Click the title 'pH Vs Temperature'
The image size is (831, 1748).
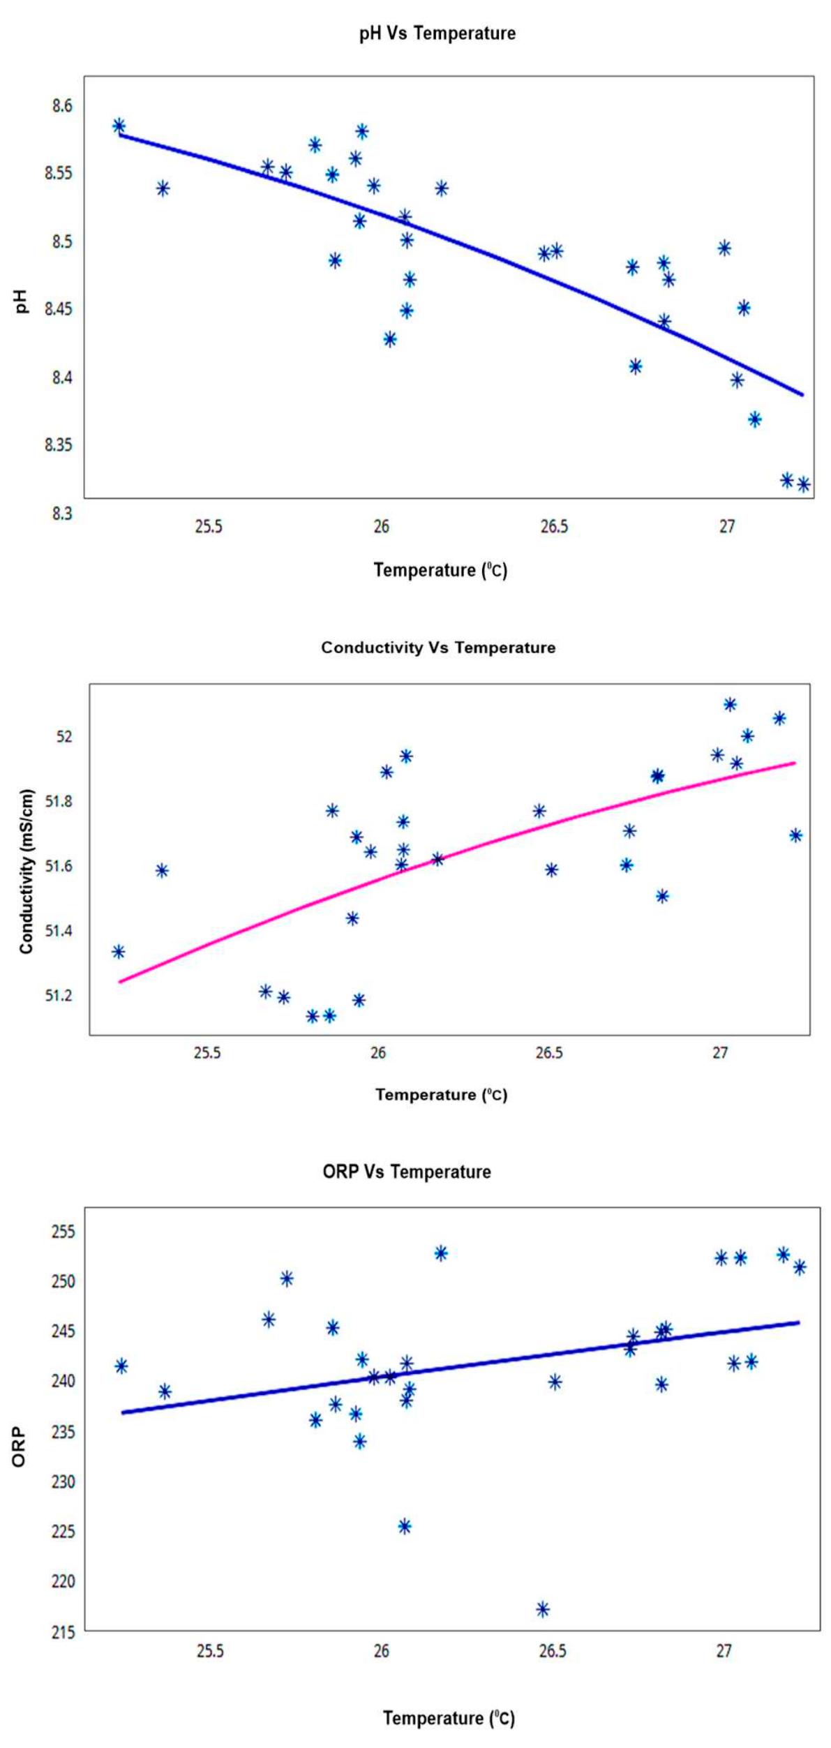tap(437, 33)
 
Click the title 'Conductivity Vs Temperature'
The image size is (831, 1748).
tap(438, 648)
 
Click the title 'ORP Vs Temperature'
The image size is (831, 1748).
tap(407, 1172)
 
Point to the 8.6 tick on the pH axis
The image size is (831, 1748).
tap(61, 105)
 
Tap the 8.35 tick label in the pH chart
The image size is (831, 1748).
tap(59, 445)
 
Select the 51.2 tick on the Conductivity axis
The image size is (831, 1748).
tap(59, 995)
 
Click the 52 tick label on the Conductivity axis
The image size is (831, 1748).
tap(63, 736)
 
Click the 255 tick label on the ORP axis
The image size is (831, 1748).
tap(63, 1231)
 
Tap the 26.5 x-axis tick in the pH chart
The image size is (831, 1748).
tap(553, 526)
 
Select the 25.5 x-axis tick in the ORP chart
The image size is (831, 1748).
tap(209, 1651)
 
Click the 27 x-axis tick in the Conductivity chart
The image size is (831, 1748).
tap(720, 1053)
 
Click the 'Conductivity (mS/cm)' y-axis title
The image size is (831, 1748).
tap(27, 872)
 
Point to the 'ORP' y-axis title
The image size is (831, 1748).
tap(19, 1447)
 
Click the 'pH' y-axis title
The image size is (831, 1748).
tap(22, 301)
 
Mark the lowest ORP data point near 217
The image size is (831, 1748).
tap(543, 1609)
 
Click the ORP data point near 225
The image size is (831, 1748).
tap(405, 1526)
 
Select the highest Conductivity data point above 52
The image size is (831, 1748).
tap(730, 704)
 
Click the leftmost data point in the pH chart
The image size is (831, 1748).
tap(119, 126)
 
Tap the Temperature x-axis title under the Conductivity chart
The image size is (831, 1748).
tap(441, 1094)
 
